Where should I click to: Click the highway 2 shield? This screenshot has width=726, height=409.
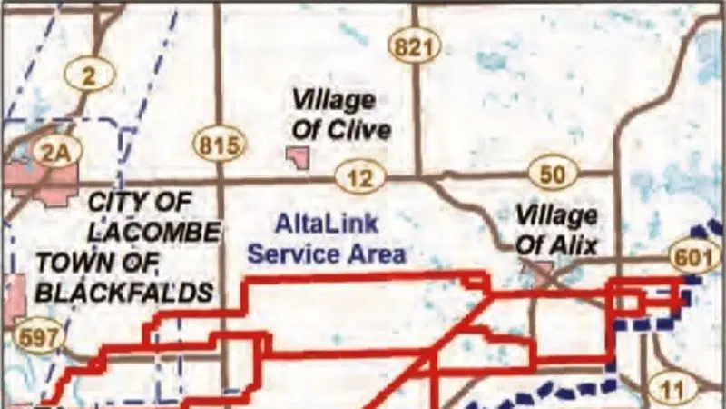tap(88, 75)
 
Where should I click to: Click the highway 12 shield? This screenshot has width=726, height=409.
tap(360, 177)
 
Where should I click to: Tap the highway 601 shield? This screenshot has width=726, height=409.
tap(694, 257)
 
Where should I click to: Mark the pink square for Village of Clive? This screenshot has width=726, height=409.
tap(297, 158)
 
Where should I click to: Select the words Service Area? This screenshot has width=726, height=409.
tap(326, 254)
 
